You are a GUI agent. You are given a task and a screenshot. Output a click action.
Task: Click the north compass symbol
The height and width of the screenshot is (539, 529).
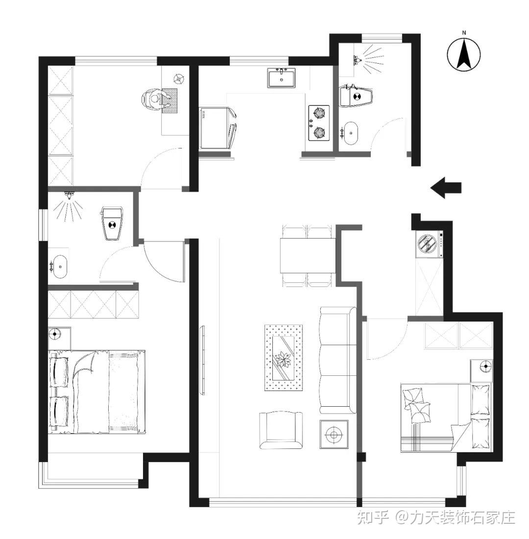click(x=464, y=55)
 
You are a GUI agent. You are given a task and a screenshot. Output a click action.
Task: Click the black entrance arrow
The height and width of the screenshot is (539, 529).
click(x=446, y=188)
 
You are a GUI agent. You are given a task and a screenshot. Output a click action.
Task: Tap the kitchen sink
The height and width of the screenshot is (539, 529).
click(x=281, y=78)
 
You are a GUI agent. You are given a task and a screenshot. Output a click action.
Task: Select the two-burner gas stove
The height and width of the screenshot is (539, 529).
click(x=319, y=122)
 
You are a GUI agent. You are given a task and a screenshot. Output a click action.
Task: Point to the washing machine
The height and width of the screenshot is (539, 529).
click(x=429, y=244)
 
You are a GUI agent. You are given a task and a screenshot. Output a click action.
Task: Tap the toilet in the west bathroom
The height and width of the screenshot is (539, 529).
click(x=112, y=223)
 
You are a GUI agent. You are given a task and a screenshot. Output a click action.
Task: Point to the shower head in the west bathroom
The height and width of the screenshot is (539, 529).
click(x=70, y=196)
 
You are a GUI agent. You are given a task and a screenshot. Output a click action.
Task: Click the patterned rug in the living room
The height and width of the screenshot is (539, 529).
click(x=284, y=357)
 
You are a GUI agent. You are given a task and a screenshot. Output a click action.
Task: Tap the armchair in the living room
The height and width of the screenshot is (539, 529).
click(x=281, y=430)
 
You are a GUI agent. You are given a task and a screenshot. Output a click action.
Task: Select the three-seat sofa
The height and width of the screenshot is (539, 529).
click(x=337, y=360)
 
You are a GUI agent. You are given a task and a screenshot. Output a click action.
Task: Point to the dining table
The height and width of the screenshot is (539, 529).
click(x=308, y=255)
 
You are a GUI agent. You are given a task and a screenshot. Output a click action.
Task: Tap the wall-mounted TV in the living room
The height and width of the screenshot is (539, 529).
click(x=203, y=360)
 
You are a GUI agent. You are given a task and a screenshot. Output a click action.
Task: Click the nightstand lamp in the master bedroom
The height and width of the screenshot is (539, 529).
click(x=54, y=333)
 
